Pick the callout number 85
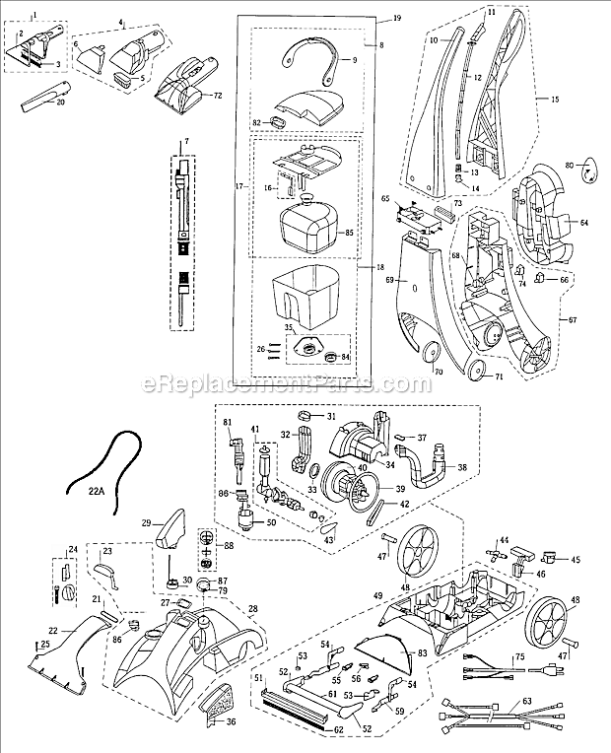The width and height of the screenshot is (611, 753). [347, 234]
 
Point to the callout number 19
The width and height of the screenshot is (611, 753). [370, 19]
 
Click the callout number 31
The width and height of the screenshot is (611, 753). [331, 414]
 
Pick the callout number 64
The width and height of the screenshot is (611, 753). [583, 223]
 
